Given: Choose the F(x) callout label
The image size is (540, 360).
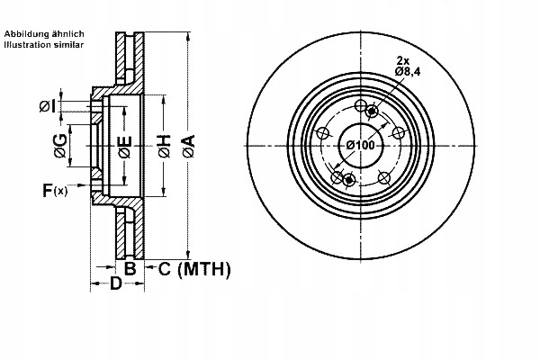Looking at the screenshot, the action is click(x=54, y=190).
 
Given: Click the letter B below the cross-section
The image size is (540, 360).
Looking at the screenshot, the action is click(x=130, y=268).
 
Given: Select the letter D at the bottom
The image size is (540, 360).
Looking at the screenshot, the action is click(x=115, y=285).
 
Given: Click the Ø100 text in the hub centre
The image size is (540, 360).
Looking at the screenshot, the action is click(x=360, y=147).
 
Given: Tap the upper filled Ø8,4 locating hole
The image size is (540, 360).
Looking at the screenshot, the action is click(x=372, y=110).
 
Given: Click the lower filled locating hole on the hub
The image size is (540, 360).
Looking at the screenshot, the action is click(x=348, y=180).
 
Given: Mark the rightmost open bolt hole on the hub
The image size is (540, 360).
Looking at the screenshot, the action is click(x=399, y=133).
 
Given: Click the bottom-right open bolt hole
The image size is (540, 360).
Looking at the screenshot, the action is click(x=384, y=176).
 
